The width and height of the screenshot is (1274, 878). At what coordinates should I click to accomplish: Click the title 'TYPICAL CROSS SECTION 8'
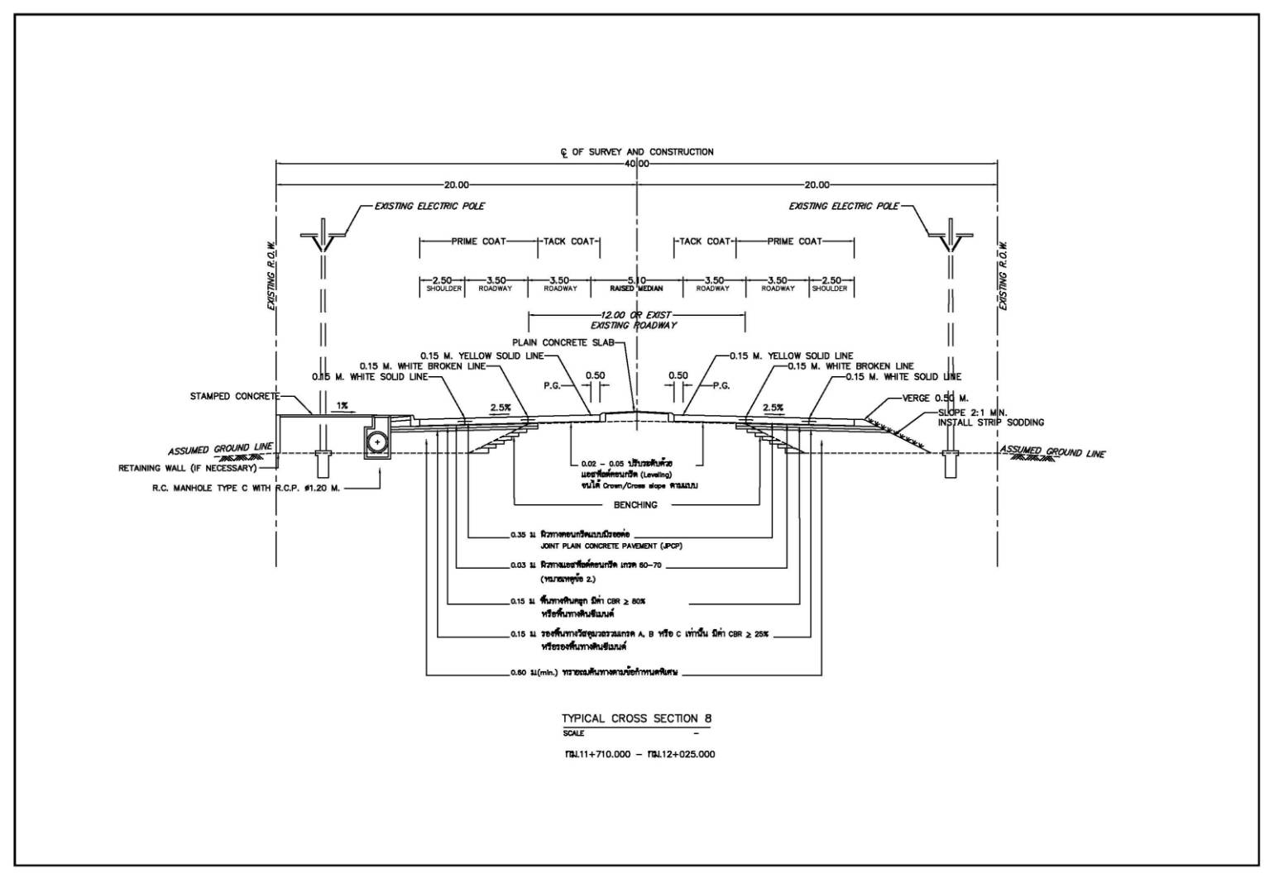pos(636,718)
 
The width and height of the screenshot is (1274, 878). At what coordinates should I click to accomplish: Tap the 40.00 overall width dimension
pos(636,164)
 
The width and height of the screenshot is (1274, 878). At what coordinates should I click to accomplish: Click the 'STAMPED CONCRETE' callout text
pos(235,397)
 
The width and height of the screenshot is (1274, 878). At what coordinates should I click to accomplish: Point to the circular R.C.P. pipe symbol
pos(378,442)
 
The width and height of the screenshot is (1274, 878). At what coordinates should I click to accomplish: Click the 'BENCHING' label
pos(635,504)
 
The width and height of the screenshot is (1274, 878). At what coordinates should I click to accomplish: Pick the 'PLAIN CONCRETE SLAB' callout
pos(563,342)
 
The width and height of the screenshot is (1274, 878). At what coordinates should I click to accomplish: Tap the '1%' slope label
pos(342,406)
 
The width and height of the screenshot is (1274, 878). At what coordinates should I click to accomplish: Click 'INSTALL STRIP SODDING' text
pos(990,422)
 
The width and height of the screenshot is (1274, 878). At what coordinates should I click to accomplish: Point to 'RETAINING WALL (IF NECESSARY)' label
pos(188,468)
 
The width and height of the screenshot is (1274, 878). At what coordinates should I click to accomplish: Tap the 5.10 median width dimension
pos(636,280)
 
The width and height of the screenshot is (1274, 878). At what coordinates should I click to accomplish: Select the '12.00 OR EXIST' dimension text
pos(636,315)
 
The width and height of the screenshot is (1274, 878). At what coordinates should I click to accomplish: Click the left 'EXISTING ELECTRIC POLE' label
pos(429,206)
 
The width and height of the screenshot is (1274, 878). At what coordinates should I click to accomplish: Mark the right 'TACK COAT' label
pos(705,241)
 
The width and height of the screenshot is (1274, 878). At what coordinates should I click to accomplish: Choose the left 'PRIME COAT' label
pos(478,241)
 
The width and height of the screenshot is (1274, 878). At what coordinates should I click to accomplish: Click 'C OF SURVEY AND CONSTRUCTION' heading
pos(636,152)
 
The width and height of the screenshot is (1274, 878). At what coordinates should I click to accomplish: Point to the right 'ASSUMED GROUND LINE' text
pos(1052,452)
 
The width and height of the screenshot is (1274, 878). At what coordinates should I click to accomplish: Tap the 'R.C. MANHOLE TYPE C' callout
pos(246,489)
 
